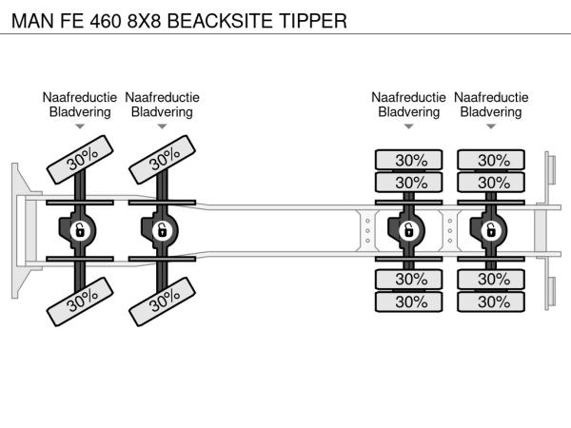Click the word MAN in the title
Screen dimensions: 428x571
(x=31, y=19)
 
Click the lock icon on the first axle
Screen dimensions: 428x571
(x=80, y=229)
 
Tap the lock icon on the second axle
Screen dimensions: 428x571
(x=162, y=229)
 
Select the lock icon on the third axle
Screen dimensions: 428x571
(x=409, y=229)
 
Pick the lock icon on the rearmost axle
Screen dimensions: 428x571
(x=491, y=229)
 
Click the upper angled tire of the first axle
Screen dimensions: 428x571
(x=82, y=159)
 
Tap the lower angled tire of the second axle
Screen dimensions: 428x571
(x=164, y=301)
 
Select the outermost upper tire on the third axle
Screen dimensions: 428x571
(x=409, y=160)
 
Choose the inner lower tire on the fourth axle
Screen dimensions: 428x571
(x=491, y=279)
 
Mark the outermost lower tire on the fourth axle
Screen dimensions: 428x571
(x=491, y=302)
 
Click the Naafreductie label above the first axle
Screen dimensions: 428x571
(x=80, y=97)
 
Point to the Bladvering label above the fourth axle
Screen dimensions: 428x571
(x=491, y=111)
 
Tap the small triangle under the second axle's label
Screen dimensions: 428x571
(x=162, y=126)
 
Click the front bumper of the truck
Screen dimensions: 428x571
(x=19, y=229)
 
